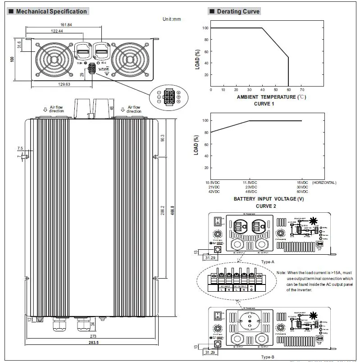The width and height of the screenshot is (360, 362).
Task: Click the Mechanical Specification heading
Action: (x=51, y=11)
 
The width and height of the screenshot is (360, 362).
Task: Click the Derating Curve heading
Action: (x=238, y=11)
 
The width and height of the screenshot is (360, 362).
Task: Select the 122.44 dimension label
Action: (x=57, y=31)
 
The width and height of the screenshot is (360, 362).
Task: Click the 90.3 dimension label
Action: (x=162, y=138)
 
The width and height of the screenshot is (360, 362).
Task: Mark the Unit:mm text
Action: (x=171, y=19)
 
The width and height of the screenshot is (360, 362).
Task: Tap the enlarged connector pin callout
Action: (x=169, y=97)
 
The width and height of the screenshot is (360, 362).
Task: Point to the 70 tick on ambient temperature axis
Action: (x=302, y=89)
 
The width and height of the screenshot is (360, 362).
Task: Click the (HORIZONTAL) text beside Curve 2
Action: (x=324, y=183)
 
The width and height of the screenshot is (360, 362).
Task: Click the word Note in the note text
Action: (x=281, y=273)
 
